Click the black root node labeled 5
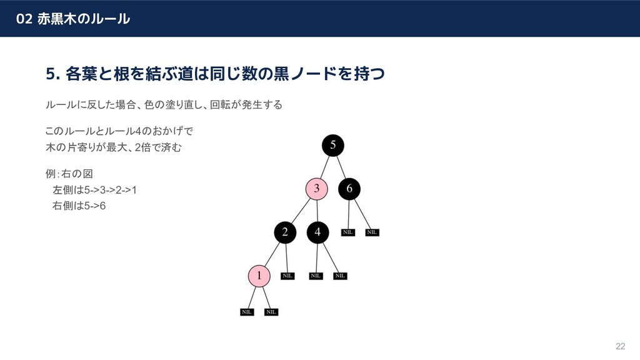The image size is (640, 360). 333,145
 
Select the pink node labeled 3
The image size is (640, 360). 317,188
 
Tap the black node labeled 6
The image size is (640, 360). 349,188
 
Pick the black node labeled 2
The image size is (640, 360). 284,232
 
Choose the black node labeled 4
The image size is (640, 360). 317,232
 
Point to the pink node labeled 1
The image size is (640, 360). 259,275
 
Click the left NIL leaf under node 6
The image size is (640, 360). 348,232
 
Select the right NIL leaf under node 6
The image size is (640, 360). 372,232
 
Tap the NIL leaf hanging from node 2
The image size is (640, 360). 287,276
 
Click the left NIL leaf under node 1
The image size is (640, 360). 247,312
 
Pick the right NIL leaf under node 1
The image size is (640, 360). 271,312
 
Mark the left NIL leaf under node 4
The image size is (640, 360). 316,276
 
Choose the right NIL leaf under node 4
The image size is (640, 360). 340,276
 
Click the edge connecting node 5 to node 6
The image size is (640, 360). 342,167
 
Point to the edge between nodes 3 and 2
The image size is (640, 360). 301,211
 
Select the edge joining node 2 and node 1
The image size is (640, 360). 271,254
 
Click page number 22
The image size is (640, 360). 621,346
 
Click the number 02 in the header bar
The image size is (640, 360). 24,19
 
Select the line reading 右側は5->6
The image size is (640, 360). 79,206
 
